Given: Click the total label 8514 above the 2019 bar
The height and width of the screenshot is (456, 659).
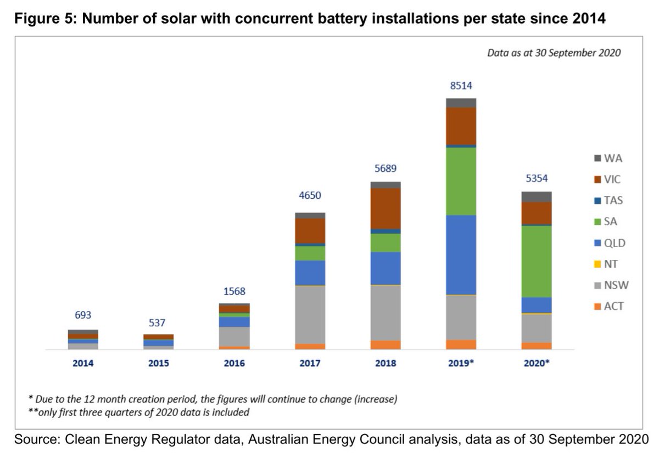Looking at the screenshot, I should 461,86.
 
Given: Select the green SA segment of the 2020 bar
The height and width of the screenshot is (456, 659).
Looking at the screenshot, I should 537,262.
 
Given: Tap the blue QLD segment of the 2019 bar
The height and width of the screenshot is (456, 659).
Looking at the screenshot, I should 461,255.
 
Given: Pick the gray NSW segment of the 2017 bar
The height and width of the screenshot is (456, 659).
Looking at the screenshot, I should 310,315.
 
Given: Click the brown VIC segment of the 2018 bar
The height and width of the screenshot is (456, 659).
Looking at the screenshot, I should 386,209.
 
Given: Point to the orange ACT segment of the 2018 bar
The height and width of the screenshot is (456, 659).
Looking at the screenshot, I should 386,345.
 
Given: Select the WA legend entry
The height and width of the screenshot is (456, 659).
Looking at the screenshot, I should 607,158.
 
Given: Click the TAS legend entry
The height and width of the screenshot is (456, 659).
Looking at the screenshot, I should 608,201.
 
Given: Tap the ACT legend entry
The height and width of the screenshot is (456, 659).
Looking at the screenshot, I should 608,307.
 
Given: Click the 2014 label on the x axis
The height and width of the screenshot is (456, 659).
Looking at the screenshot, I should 83,364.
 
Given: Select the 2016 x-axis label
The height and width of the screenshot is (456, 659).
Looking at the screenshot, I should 234,364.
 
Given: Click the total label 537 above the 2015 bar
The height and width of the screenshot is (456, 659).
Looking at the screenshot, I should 159,322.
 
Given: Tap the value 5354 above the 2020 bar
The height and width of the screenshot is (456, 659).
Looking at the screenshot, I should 537,179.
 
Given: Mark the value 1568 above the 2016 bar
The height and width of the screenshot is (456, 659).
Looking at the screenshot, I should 234,292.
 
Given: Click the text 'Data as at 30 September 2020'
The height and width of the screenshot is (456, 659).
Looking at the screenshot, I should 554,53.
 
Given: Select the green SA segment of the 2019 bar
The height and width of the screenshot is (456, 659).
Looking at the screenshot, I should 461,181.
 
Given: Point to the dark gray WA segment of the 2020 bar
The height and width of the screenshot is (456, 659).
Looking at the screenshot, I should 537,197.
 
